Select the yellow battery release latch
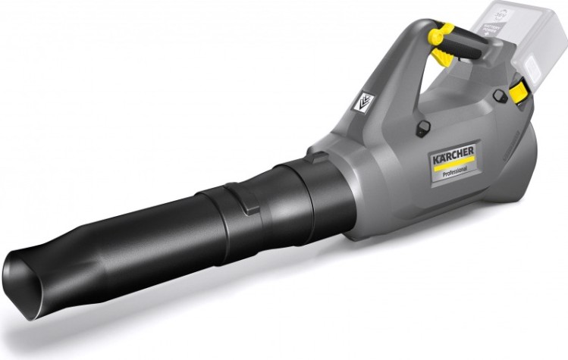click(x=519, y=92)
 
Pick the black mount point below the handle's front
click(x=423, y=127)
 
